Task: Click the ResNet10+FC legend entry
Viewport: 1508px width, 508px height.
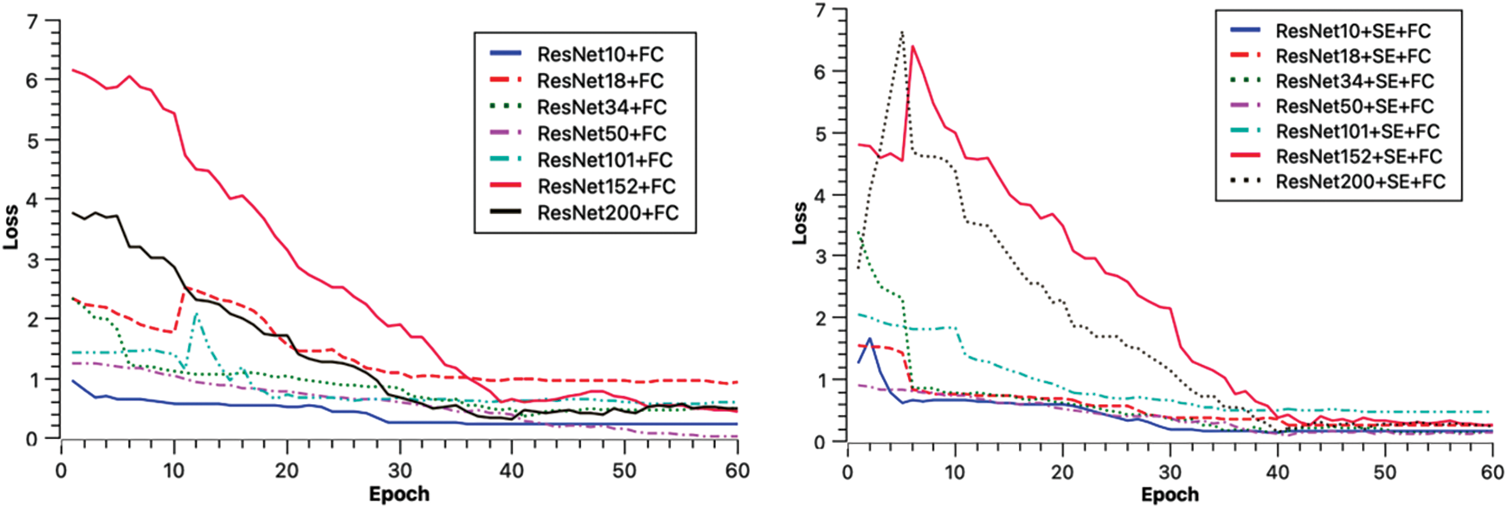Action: [x=600, y=54]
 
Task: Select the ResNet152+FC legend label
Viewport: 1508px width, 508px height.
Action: [x=606, y=186]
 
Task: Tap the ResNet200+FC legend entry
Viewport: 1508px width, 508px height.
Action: [x=608, y=213]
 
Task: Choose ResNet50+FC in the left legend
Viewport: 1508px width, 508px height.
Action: [x=602, y=134]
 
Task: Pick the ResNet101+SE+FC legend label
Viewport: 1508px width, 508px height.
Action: [x=1357, y=131]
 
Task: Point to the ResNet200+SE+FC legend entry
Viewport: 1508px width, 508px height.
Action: [x=1360, y=181]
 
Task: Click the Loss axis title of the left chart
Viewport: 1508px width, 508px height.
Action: [x=11, y=227]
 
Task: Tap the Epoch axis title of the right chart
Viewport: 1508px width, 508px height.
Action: [x=1170, y=495]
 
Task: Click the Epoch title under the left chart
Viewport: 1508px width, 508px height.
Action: [x=399, y=495]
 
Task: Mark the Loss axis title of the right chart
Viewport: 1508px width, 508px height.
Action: [x=799, y=223]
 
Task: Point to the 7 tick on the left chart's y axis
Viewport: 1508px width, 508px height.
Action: [x=32, y=21]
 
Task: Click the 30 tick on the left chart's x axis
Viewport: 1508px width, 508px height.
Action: [x=399, y=470]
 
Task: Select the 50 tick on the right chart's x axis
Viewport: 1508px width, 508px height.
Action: [x=1385, y=473]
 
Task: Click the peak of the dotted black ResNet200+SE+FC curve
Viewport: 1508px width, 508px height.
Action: [x=902, y=32]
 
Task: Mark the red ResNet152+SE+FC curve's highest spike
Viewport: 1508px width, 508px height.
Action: [x=913, y=46]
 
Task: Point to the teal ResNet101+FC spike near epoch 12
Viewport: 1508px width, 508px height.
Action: [x=196, y=314]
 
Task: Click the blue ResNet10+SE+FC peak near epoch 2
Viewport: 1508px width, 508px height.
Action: [x=870, y=339]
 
